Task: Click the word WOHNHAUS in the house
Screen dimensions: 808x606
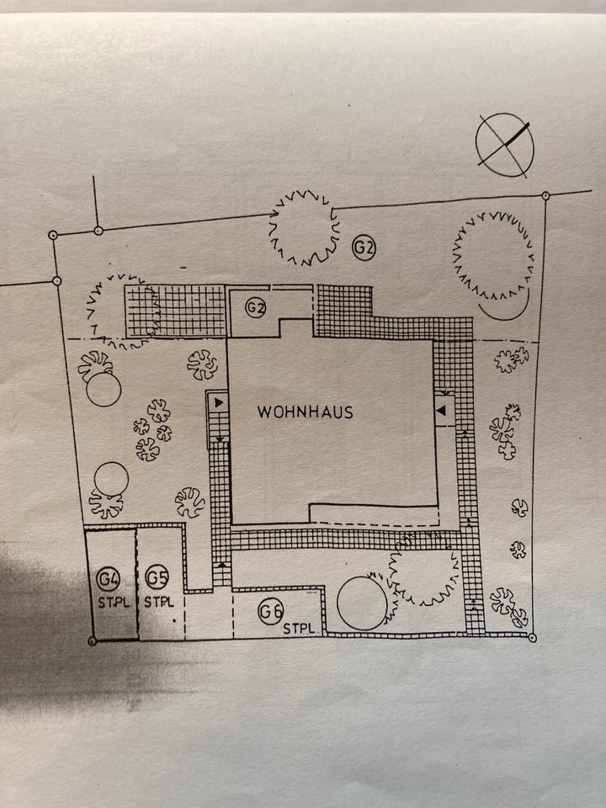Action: coord(305,412)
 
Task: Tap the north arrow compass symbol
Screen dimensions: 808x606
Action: coord(504,145)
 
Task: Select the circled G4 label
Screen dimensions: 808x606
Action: coord(109,579)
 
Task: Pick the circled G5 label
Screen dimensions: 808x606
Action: coord(157,578)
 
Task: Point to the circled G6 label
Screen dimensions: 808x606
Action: coord(270,612)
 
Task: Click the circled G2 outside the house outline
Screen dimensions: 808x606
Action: coord(364,247)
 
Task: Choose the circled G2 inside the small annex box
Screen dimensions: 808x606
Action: coord(256,309)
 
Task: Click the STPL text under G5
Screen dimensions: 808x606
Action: coord(158,602)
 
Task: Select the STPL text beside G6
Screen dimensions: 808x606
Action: coord(298,628)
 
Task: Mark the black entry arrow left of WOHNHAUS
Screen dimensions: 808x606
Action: coord(219,403)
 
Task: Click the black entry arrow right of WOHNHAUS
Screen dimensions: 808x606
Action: coord(442,410)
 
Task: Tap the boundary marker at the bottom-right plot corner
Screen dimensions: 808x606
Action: coord(532,637)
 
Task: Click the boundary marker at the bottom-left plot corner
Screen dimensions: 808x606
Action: coord(92,641)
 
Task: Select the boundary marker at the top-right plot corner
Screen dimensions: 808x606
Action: coord(545,196)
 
